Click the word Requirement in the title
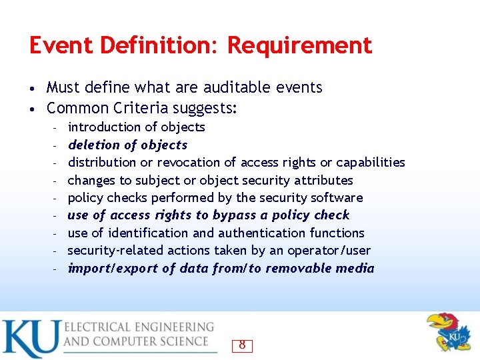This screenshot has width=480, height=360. (299, 46)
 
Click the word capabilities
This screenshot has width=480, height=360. (371, 162)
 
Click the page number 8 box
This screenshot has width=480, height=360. (242, 345)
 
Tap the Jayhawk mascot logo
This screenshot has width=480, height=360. (449, 332)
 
